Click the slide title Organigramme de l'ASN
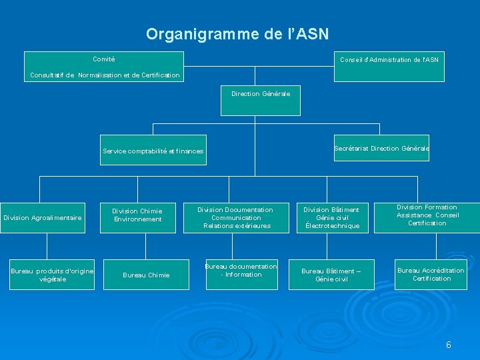237,33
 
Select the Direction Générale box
261,100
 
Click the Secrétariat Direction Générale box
381,148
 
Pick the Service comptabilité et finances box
153,151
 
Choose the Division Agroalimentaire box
43,218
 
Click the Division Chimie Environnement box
137,215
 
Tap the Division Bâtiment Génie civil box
331,218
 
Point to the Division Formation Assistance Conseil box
427,215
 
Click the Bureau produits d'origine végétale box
52,274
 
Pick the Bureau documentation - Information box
241,271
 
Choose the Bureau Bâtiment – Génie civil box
331,275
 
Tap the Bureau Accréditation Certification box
431,274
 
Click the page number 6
449,345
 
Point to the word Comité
103,59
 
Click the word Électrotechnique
332,226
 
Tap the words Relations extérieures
237,226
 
